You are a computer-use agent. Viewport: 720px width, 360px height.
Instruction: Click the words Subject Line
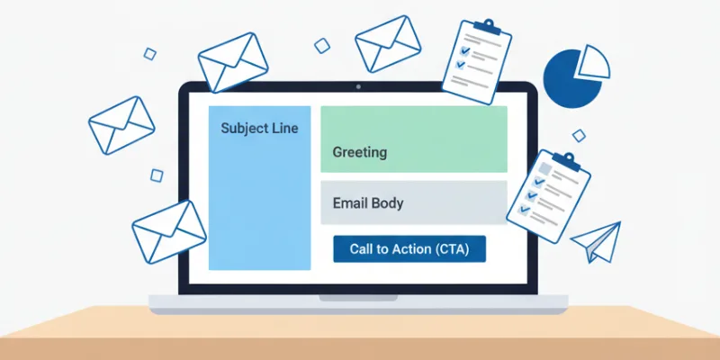click(259, 129)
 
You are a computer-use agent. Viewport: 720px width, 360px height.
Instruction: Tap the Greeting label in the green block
click(359, 152)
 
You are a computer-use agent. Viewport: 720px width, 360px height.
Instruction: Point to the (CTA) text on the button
click(457, 248)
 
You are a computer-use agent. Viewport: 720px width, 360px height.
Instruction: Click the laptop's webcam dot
click(359, 88)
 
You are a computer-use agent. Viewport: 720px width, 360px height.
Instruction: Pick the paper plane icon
click(598, 240)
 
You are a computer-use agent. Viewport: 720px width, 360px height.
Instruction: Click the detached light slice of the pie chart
click(593, 62)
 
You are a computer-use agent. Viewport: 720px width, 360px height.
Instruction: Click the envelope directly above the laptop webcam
click(388, 42)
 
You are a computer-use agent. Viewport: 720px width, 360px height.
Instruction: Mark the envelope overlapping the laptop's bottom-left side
click(168, 231)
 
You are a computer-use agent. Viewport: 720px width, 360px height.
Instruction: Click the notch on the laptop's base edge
click(358, 297)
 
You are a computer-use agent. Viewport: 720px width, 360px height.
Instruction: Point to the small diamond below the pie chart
click(579, 135)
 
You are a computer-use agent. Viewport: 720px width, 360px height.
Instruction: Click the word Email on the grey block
click(349, 203)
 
